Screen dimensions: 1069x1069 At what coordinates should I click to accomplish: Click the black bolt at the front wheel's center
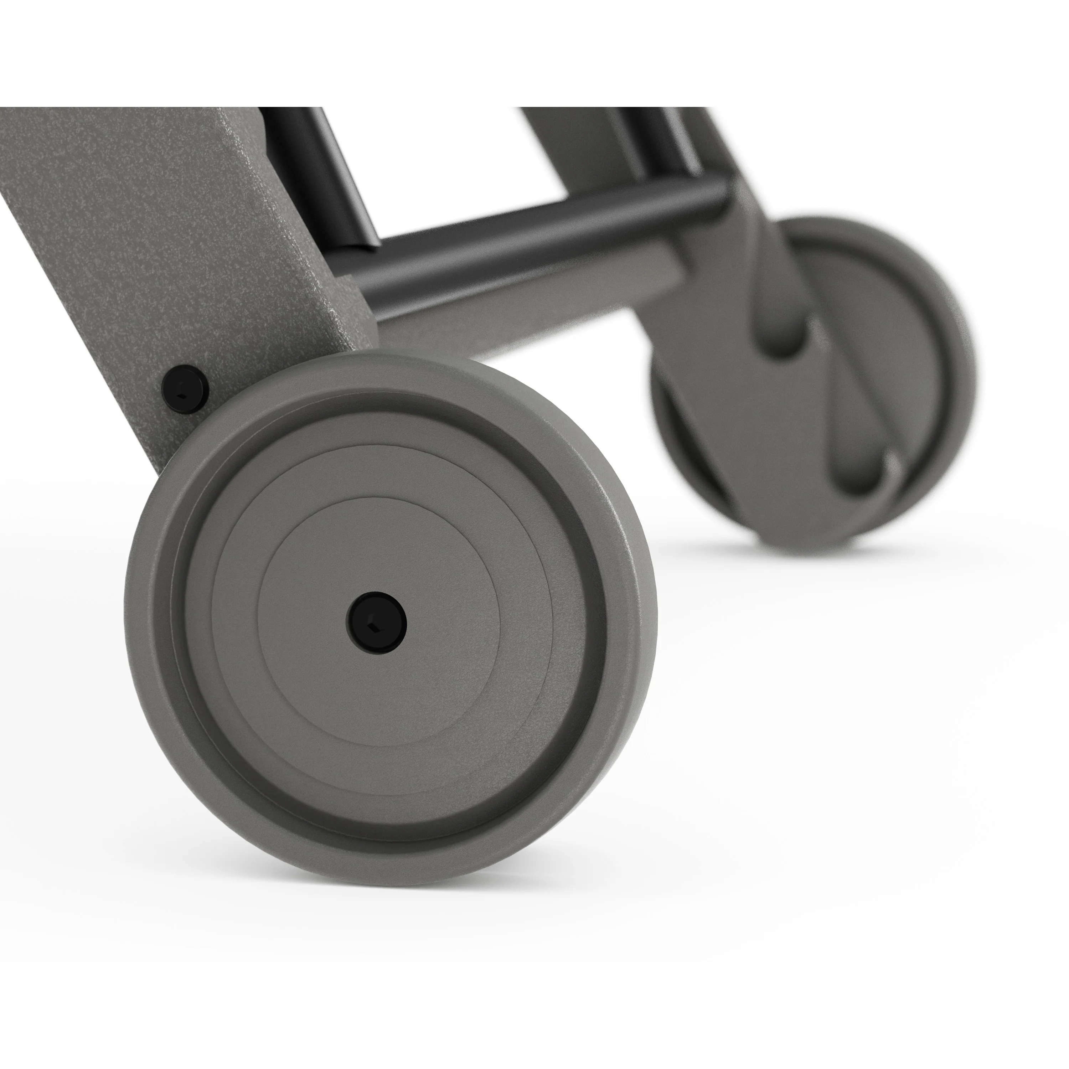(377, 622)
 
